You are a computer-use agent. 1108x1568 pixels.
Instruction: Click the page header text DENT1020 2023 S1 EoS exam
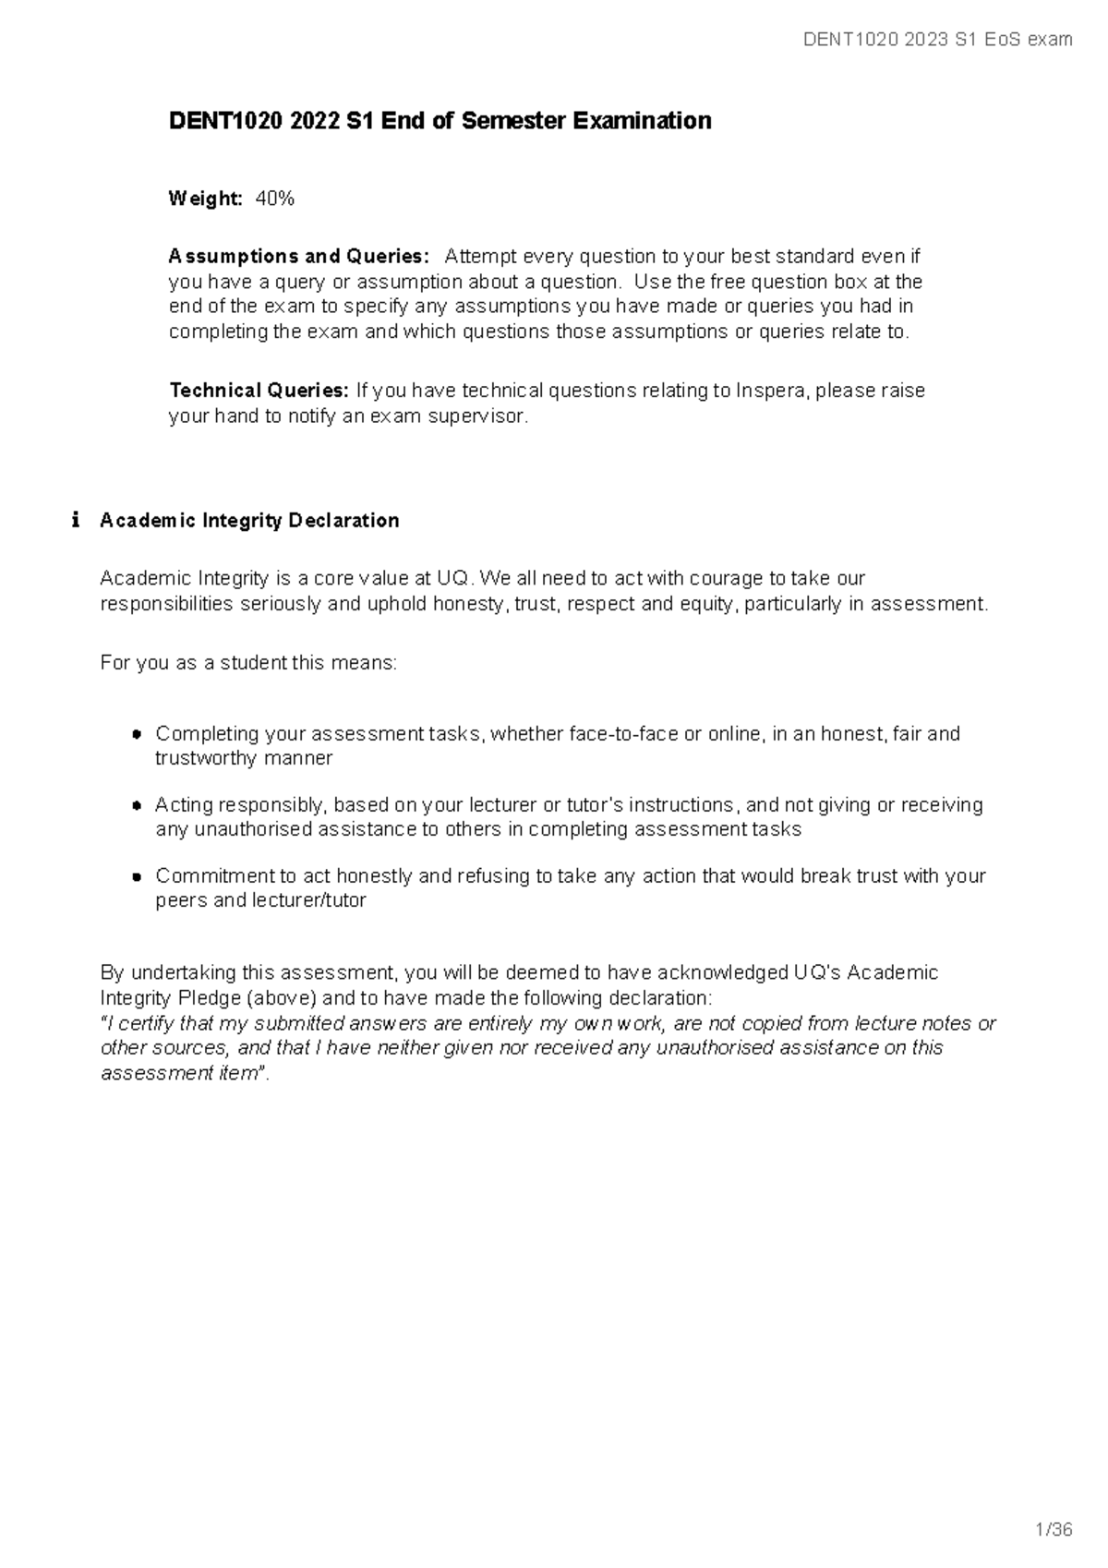[938, 39]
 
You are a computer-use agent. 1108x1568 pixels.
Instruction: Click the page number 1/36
[1054, 1530]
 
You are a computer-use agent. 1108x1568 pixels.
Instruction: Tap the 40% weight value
[275, 199]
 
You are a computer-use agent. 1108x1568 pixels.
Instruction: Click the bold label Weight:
[205, 199]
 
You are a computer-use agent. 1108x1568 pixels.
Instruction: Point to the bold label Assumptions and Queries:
[298, 256]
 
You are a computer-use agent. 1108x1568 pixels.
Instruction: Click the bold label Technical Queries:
[259, 391]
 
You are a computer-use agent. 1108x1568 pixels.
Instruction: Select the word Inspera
[771, 391]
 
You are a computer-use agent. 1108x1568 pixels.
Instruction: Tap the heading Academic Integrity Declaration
[249, 521]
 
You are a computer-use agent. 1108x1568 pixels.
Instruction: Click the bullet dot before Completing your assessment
[136, 734]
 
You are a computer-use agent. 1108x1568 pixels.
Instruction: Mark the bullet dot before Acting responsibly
[136, 805]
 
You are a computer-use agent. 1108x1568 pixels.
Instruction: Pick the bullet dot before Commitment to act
[136, 876]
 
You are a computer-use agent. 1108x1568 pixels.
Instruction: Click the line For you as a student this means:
[248, 663]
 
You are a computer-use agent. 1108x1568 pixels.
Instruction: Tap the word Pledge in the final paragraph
[212, 998]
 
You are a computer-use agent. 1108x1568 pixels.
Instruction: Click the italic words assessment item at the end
[178, 1073]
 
